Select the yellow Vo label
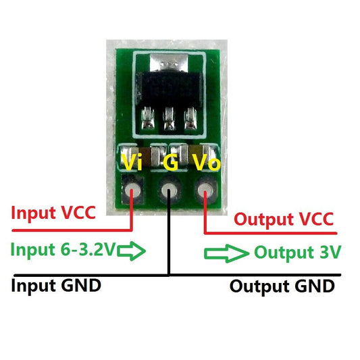pos(206,162)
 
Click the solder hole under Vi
pos(132,193)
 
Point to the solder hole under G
pos(168,193)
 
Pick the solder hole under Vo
pos(204,193)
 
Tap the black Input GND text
pos(56,284)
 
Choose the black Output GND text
pos(282,286)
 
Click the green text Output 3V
pos(297,253)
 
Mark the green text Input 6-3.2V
pos(63,251)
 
